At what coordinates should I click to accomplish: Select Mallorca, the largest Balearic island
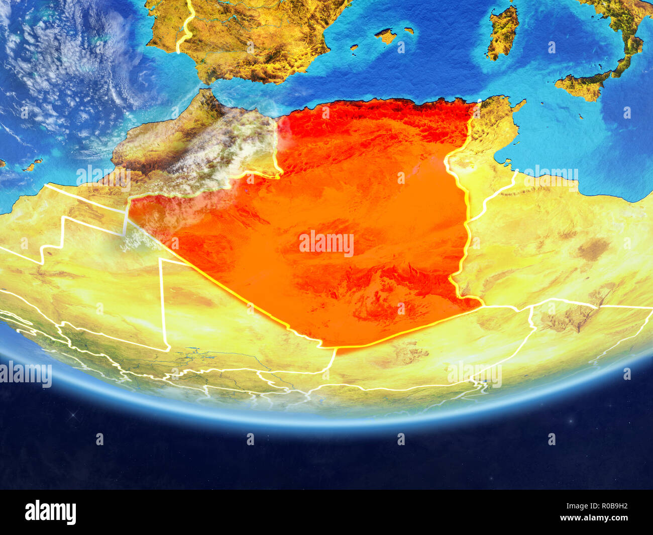386,36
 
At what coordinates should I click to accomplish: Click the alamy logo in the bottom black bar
50,512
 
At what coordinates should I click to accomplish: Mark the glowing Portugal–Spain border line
187,25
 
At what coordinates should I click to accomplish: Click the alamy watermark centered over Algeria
326,244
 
